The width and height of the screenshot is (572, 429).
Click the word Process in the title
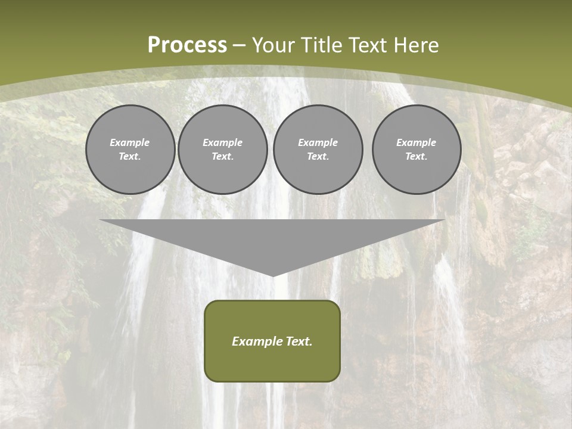187,45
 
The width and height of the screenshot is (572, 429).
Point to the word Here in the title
418,45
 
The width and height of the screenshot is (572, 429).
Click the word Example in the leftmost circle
130,142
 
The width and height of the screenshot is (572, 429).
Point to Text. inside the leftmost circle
130,157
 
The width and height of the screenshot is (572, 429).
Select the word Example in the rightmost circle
416,142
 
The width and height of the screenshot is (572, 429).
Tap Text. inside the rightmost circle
416,157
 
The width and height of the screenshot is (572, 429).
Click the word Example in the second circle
223,142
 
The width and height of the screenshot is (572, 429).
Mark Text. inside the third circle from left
318,157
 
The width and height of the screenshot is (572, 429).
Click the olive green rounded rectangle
272,363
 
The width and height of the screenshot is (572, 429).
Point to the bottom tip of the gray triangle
273,275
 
